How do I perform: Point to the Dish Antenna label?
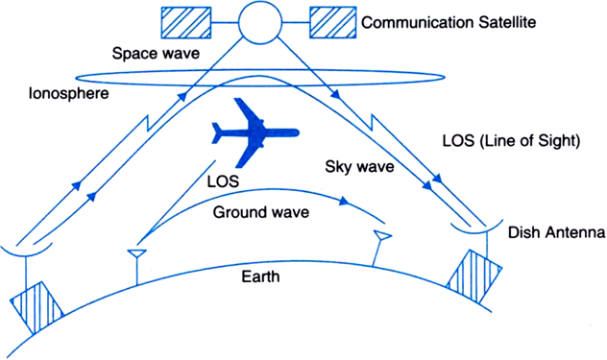tap(550, 233)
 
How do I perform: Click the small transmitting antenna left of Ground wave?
tap(136, 254)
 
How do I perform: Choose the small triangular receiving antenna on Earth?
tap(382, 237)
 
